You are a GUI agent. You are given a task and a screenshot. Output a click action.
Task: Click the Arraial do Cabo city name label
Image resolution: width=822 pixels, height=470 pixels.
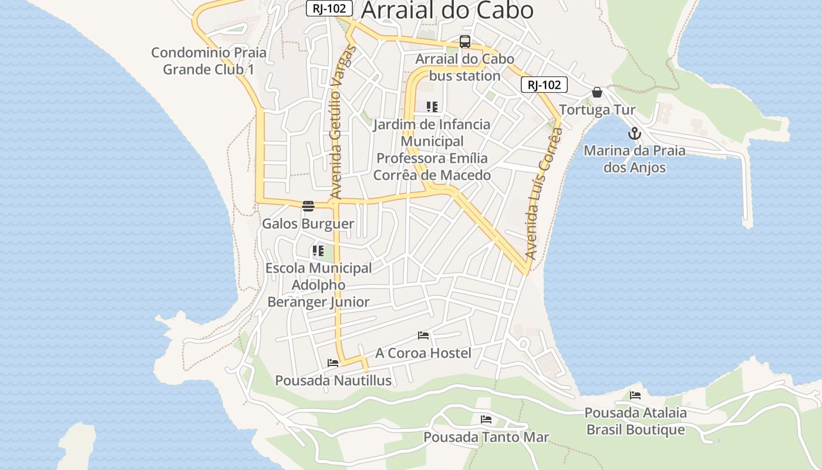pos(447,11)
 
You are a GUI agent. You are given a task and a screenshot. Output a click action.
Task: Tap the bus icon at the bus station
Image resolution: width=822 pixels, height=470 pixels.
pos(464,42)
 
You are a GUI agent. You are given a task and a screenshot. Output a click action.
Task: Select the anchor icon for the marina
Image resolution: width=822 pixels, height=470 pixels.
pos(634,133)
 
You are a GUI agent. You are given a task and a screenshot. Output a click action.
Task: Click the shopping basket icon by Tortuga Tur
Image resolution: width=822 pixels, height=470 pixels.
pos(597,92)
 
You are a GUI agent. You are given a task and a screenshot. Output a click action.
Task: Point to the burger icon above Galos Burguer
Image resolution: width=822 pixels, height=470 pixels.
pos(308,206)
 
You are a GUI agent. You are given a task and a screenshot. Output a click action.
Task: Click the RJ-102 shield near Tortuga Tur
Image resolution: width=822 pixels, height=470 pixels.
pos(544,85)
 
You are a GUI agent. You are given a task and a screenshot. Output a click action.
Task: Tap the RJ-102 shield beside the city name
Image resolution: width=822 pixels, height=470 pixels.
pos(329,8)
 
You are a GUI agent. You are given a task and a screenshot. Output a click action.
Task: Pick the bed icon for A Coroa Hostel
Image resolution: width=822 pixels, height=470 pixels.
pos(423,335)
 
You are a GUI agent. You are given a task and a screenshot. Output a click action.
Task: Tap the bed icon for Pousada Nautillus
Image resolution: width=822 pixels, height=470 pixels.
pos(333,363)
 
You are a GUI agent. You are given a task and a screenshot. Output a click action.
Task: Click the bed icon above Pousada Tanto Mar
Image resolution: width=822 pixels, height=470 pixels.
pos(486,419)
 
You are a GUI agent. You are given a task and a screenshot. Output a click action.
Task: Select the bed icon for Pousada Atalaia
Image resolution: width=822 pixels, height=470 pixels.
pos(635,395)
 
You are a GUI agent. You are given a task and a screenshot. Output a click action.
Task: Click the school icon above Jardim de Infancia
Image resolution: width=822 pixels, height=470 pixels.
pos(432,107)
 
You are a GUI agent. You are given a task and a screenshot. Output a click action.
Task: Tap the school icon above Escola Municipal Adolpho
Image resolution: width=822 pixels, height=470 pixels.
pos(318,251)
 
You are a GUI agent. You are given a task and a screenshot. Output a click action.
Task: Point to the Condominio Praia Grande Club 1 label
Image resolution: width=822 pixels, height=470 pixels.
pos(208,61)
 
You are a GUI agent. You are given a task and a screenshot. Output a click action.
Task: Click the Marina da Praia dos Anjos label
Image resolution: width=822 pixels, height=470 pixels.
pos(634,159)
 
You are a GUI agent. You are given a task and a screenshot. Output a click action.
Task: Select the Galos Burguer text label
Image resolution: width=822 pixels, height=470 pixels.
pos(308,224)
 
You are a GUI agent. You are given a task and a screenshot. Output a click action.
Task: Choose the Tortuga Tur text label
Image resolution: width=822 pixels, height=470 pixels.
pos(597,110)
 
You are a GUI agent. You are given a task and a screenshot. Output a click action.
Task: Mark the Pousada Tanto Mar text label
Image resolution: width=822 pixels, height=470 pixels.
pos(486,437)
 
